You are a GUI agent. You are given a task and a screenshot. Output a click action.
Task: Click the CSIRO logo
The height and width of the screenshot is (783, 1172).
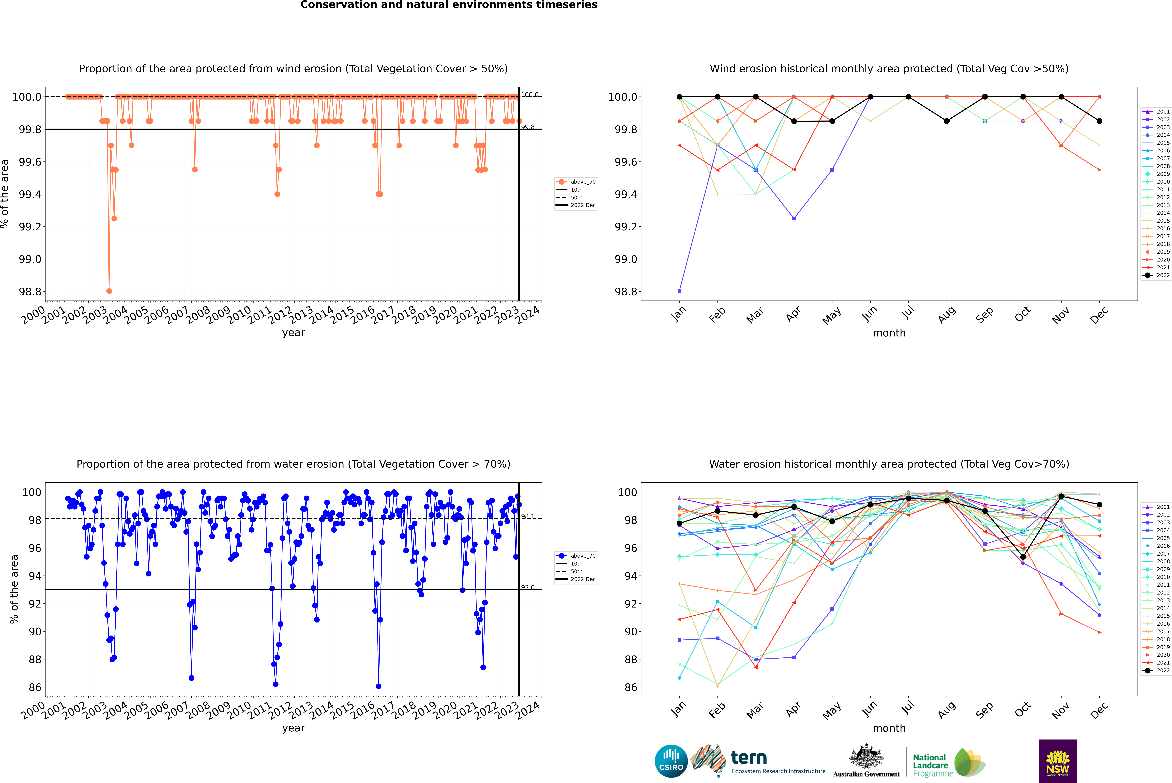click(x=671, y=761)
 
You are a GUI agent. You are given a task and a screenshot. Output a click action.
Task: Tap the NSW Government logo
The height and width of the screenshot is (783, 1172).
click(x=1058, y=761)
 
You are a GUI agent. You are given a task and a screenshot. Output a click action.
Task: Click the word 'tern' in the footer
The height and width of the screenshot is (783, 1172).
click(x=748, y=758)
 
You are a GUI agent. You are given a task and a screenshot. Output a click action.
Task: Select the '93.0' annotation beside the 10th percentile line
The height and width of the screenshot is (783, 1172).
click(x=528, y=587)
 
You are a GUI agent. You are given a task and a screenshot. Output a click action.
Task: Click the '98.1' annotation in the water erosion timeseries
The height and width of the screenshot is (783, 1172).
click(x=528, y=516)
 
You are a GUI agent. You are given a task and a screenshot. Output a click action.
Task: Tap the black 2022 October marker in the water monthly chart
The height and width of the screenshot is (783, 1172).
click(x=1023, y=557)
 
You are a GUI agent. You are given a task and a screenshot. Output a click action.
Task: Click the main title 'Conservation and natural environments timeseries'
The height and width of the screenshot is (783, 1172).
click(x=449, y=5)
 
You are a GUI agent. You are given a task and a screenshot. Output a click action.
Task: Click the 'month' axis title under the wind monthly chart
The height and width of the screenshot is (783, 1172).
click(x=889, y=333)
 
